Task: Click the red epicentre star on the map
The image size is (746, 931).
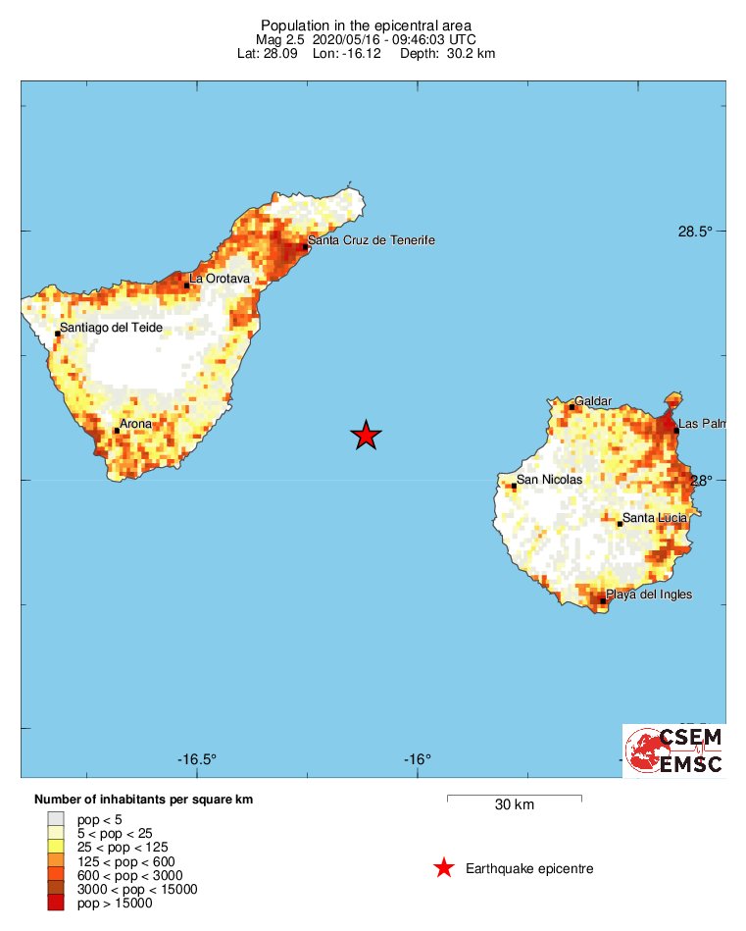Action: (366, 435)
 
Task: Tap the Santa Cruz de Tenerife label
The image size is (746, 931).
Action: (371, 240)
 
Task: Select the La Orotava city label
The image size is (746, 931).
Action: (220, 279)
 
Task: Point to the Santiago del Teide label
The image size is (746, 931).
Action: (111, 328)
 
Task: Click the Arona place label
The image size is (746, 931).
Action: (135, 424)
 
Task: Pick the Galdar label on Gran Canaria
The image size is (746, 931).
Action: (593, 401)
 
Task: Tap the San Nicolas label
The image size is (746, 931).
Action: (549, 480)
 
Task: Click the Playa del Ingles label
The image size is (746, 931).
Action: (649, 595)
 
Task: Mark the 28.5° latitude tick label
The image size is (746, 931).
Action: (695, 233)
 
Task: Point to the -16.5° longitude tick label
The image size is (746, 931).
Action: (197, 759)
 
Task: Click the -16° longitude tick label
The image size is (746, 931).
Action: (417, 759)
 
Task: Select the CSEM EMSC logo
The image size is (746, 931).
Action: (674, 750)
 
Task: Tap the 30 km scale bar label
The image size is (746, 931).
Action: (514, 805)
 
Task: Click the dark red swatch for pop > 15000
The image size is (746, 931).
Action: (55, 904)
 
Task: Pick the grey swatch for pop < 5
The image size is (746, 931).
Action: (55, 818)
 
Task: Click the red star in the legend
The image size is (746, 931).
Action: (444, 868)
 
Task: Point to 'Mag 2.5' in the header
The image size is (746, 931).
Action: (280, 39)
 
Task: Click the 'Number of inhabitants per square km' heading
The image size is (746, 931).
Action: (143, 800)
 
